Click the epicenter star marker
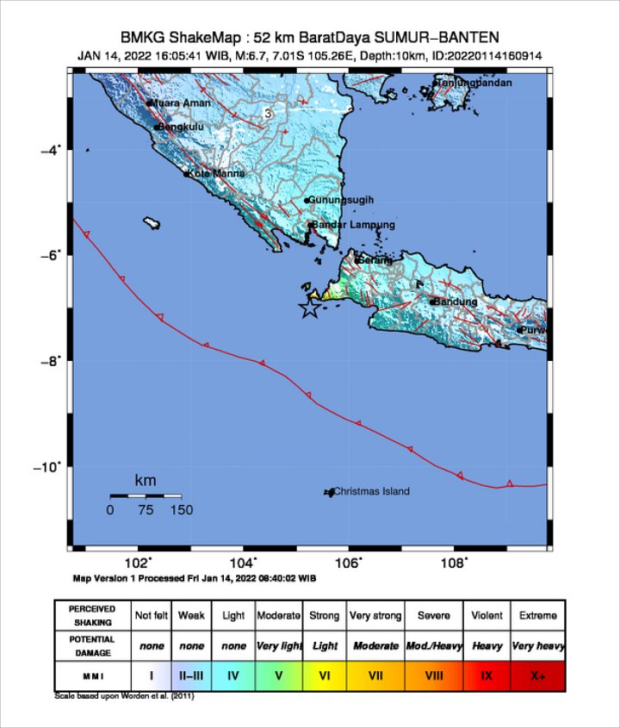click(309, 308)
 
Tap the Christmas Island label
click(371, 491)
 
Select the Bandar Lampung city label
click(353, 225)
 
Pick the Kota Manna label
click(216, 173)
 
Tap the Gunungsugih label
click(342, 200)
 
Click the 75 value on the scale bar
click(145, 510)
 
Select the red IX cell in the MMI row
click(487, 676)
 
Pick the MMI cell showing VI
click(325, 676)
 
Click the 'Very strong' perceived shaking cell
click(375, 616)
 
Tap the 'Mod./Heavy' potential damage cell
click(434, 645)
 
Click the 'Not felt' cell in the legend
click(150, 616)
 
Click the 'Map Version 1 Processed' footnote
click(181, 578)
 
